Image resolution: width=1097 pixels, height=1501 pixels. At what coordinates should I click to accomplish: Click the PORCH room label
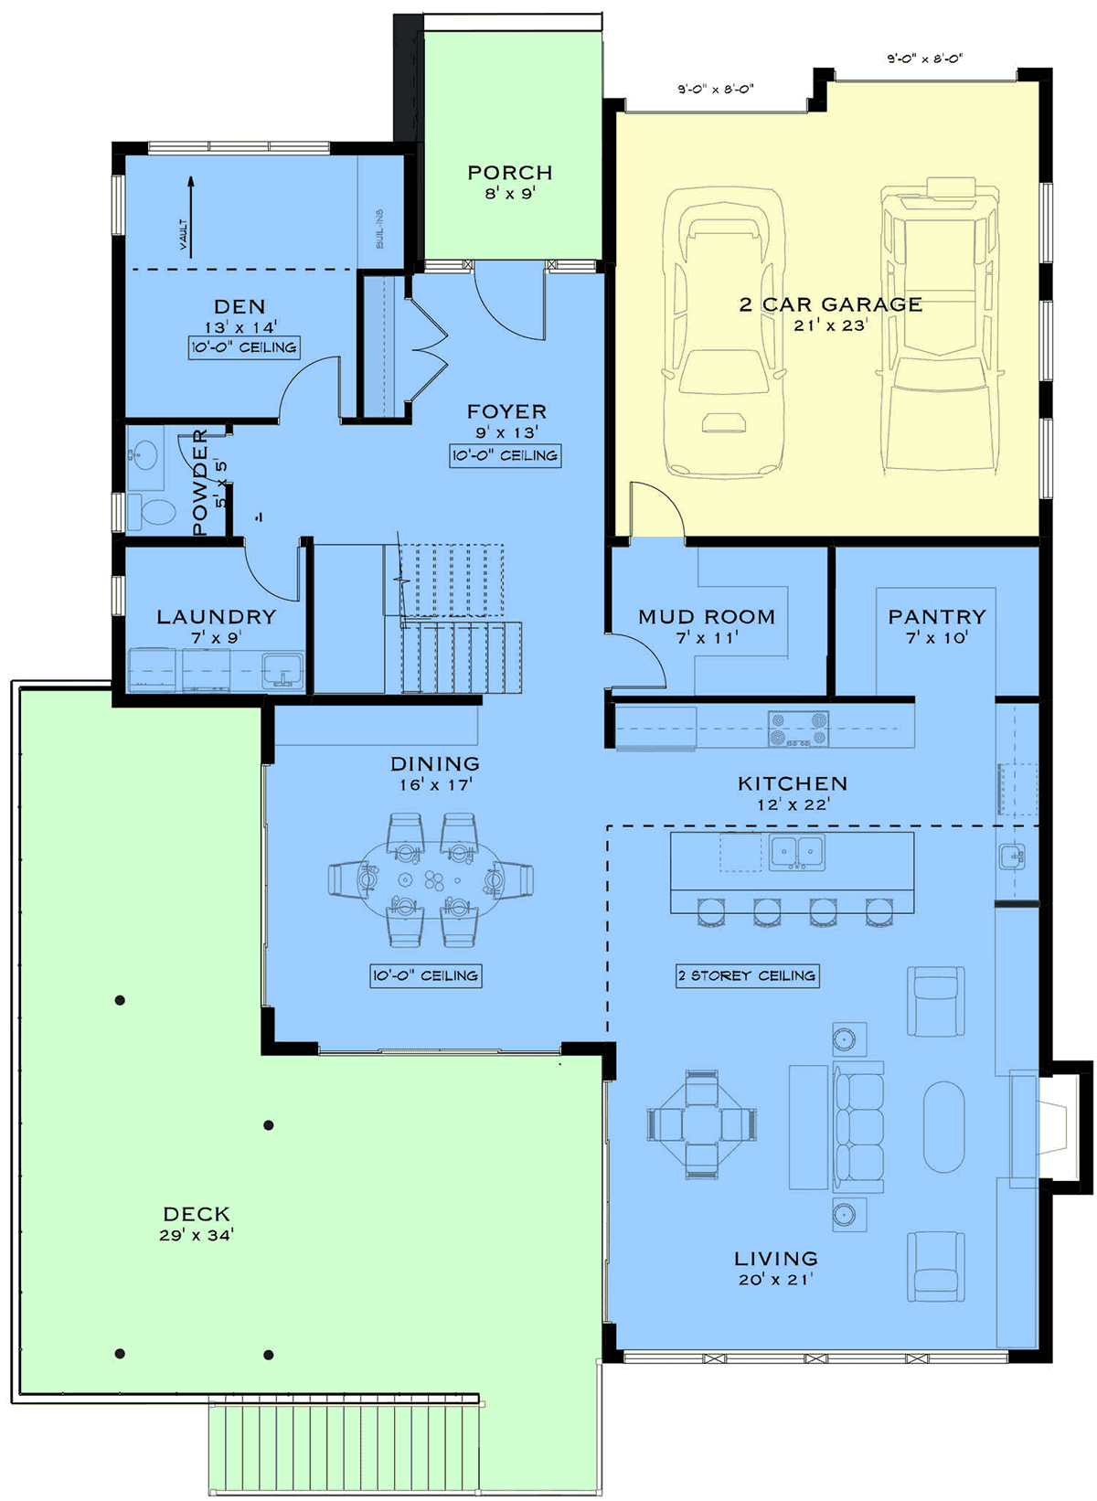click(x=510, y=173)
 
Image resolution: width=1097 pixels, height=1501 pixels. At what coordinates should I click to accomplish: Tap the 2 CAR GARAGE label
click(x=831, y=304)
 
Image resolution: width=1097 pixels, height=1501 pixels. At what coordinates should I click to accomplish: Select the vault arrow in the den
click(x=191, y=218)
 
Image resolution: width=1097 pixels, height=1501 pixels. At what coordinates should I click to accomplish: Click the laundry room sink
click(x=282, y=670)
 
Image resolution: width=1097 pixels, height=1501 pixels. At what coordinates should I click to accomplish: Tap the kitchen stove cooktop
click(x=798, y=729)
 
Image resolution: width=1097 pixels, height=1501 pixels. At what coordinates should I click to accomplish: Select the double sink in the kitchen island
click(x=797, y=852)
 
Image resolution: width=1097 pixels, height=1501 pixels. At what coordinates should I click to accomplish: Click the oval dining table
click(x=431, y=879)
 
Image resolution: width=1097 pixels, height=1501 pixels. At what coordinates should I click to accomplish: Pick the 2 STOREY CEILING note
click(x=747, y=975)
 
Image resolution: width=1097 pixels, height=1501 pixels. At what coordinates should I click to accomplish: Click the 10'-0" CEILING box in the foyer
click(x=506, y=455)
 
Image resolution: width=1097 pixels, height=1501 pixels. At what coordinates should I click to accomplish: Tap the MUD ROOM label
click(x=707, y=616)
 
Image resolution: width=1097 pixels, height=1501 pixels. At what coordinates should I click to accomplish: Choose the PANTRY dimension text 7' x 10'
click(x=937, y=638)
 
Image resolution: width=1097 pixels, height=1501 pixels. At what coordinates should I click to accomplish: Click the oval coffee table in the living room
click(x=943, y=1126)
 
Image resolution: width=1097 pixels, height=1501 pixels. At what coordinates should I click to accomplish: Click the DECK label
click(x=197, y=1214)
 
